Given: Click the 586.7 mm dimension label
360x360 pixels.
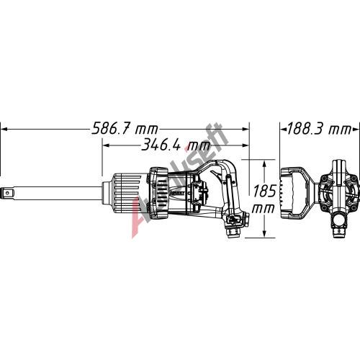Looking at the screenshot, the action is (x=125, y=129).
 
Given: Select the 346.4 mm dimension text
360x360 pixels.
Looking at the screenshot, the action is (x=176, y=145).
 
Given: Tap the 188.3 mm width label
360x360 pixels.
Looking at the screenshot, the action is (x=319, y=129).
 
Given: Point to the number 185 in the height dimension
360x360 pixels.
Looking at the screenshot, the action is (x=264, y=191).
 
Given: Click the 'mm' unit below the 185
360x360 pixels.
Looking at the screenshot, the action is (x=263, y=208).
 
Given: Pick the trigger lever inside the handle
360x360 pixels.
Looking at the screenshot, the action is (x=216, y=174).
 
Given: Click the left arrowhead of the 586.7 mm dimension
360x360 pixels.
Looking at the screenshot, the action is (x=5, y=129).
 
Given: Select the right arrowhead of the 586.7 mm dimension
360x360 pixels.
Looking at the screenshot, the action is (x=246, y=129).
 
